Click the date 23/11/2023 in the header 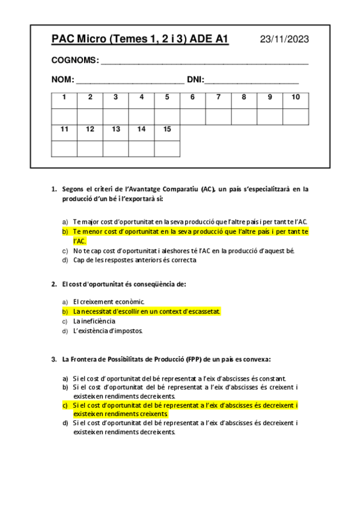coord(284,40)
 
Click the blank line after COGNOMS coord(204,62)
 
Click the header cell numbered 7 coord(218,97)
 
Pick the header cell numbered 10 coord(296,97)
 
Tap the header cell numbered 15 coord(167,129)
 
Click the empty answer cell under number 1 coord(64,116)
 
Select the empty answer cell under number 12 coord(90,148)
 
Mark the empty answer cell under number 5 coord(167,116)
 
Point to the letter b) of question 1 coord(65,231)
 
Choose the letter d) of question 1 coord(65,260)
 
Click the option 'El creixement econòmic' coord(109,301)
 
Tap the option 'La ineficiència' coord(94,321)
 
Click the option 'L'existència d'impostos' coord(108,331)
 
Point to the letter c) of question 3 coord(65,405)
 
